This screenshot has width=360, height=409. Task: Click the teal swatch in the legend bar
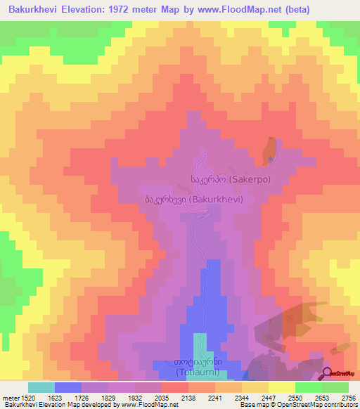[41, 387]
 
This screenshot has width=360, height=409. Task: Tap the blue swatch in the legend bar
[68, 387]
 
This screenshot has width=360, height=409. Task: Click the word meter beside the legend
[11, 397]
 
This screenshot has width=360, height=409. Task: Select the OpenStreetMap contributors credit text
[316, 405]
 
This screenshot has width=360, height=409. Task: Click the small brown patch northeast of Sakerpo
[268, 149]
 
